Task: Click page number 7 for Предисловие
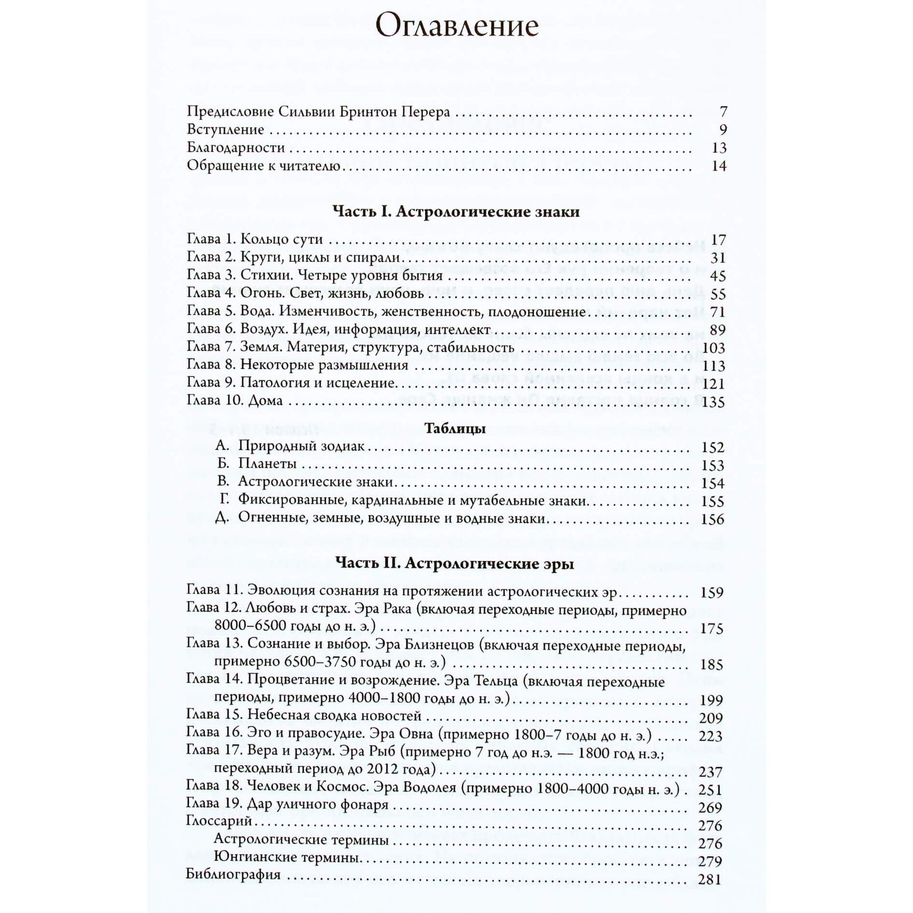[723, 112]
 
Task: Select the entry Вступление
[226, 130]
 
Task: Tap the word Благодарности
[236, 148]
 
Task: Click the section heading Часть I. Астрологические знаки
[456, 212]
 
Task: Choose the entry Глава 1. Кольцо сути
[255, 240]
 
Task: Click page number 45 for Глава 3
[718, 276]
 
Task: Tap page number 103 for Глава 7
[714, 348]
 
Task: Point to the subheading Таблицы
[456, 429]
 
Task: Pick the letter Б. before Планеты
[221, 464]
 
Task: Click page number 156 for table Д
[713, 519]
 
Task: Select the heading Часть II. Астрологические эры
[455, 564]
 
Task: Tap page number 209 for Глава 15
[710, 718]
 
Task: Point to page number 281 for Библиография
[710, 878]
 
